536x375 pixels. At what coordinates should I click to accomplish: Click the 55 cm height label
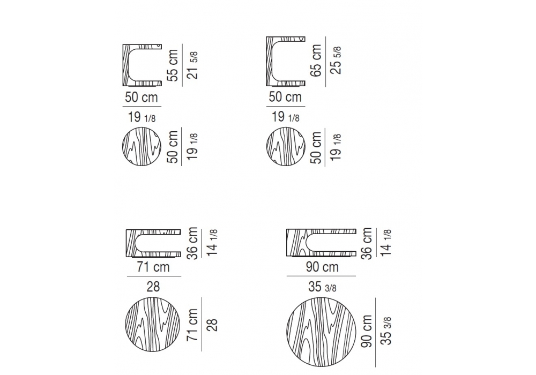(173, 65)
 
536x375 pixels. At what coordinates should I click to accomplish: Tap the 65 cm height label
(317, 61)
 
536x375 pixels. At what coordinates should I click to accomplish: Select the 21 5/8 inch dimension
(193, 65)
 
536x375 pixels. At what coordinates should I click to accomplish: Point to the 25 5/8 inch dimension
(337, 60)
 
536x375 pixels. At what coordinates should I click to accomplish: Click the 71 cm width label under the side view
(153, 267)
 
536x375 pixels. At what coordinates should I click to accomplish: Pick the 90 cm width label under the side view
(322, 267)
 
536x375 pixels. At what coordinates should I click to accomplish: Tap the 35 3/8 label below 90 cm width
(322, 287)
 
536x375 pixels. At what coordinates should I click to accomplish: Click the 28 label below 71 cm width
(153, 287)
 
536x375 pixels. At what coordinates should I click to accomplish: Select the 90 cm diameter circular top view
(321, 332)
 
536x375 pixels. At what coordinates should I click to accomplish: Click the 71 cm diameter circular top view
(153, 324)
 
